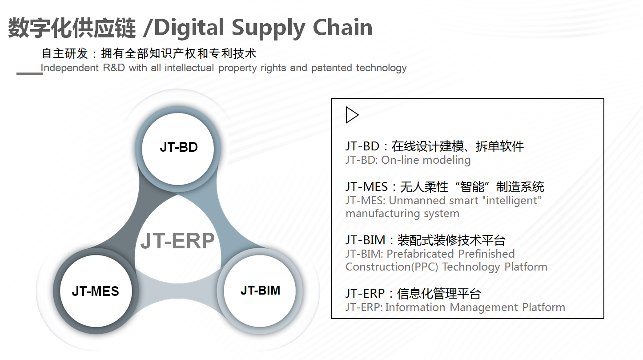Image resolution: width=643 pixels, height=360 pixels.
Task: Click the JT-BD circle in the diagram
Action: tap(178, 149)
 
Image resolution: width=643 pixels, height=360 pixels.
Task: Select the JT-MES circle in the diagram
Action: tap(96, 291)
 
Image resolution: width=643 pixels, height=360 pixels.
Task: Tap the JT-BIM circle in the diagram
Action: tap(260, 291)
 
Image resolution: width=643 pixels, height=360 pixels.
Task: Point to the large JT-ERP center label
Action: tap(177, 241)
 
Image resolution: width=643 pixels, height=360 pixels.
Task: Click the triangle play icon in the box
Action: tap(352, 115)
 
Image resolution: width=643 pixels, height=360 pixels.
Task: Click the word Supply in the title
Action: tap(268, 28)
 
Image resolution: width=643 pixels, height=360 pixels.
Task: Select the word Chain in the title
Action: tap(342, 27)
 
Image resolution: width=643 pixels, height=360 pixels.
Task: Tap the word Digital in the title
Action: tap(189, 28)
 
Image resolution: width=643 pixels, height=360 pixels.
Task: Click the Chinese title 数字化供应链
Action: tap(72, 28)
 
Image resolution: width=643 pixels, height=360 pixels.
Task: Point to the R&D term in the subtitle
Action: tap(114, 68)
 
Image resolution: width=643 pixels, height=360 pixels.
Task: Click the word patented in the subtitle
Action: tap(332, 68)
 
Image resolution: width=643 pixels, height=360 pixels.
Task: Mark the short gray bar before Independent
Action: tap(29, 74)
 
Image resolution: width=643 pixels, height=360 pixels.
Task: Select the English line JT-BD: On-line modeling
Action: tap(408, 160)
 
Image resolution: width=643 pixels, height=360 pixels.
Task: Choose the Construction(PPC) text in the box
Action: tap(392, 267)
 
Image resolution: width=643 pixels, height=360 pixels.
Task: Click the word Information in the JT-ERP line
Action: tap(415, 307)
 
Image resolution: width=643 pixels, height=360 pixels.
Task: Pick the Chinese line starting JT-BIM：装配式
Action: tap(426, 240)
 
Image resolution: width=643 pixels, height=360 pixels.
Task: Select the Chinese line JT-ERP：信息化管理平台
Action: tap(414, 294)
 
